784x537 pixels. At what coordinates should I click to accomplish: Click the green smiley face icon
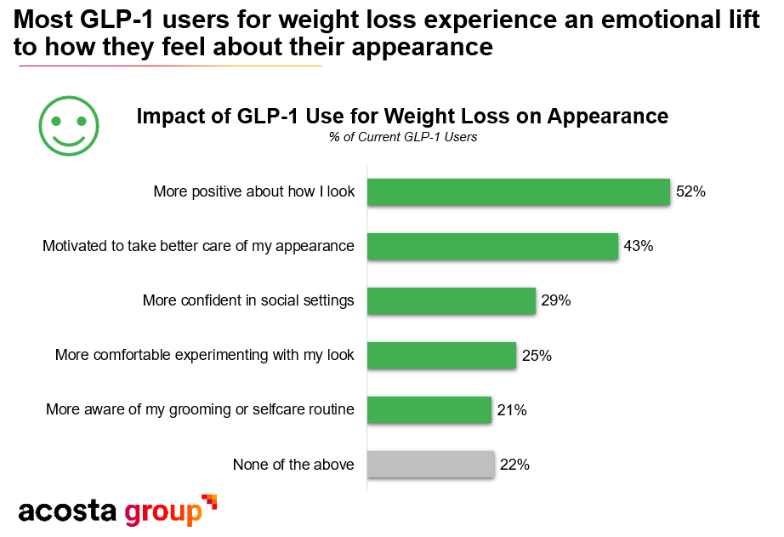(69, 125)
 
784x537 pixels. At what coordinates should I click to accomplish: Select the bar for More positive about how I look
(518, 191)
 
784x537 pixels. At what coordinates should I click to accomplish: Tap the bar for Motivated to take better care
(492, 246)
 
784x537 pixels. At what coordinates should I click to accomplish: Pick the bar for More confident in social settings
(451, 300)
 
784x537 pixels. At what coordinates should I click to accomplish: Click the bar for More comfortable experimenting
(441, 355)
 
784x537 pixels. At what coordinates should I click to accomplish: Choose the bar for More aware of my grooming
(429, 409)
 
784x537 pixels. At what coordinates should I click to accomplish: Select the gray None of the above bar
(430, 465)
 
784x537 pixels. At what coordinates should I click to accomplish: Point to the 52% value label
(690, 191)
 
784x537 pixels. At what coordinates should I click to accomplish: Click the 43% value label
(638, 246)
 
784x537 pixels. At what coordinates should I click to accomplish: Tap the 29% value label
(555, 300)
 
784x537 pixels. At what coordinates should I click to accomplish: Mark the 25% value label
(537, 355)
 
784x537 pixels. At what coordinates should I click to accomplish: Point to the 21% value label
(512, 409)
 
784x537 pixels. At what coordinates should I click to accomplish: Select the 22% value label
(514, 465)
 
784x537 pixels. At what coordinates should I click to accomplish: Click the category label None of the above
(293, 465)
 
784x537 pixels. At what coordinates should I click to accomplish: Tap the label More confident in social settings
(248, 300)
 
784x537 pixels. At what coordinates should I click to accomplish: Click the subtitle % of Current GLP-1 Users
(402, 137)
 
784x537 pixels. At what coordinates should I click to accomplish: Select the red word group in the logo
(163, 513)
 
